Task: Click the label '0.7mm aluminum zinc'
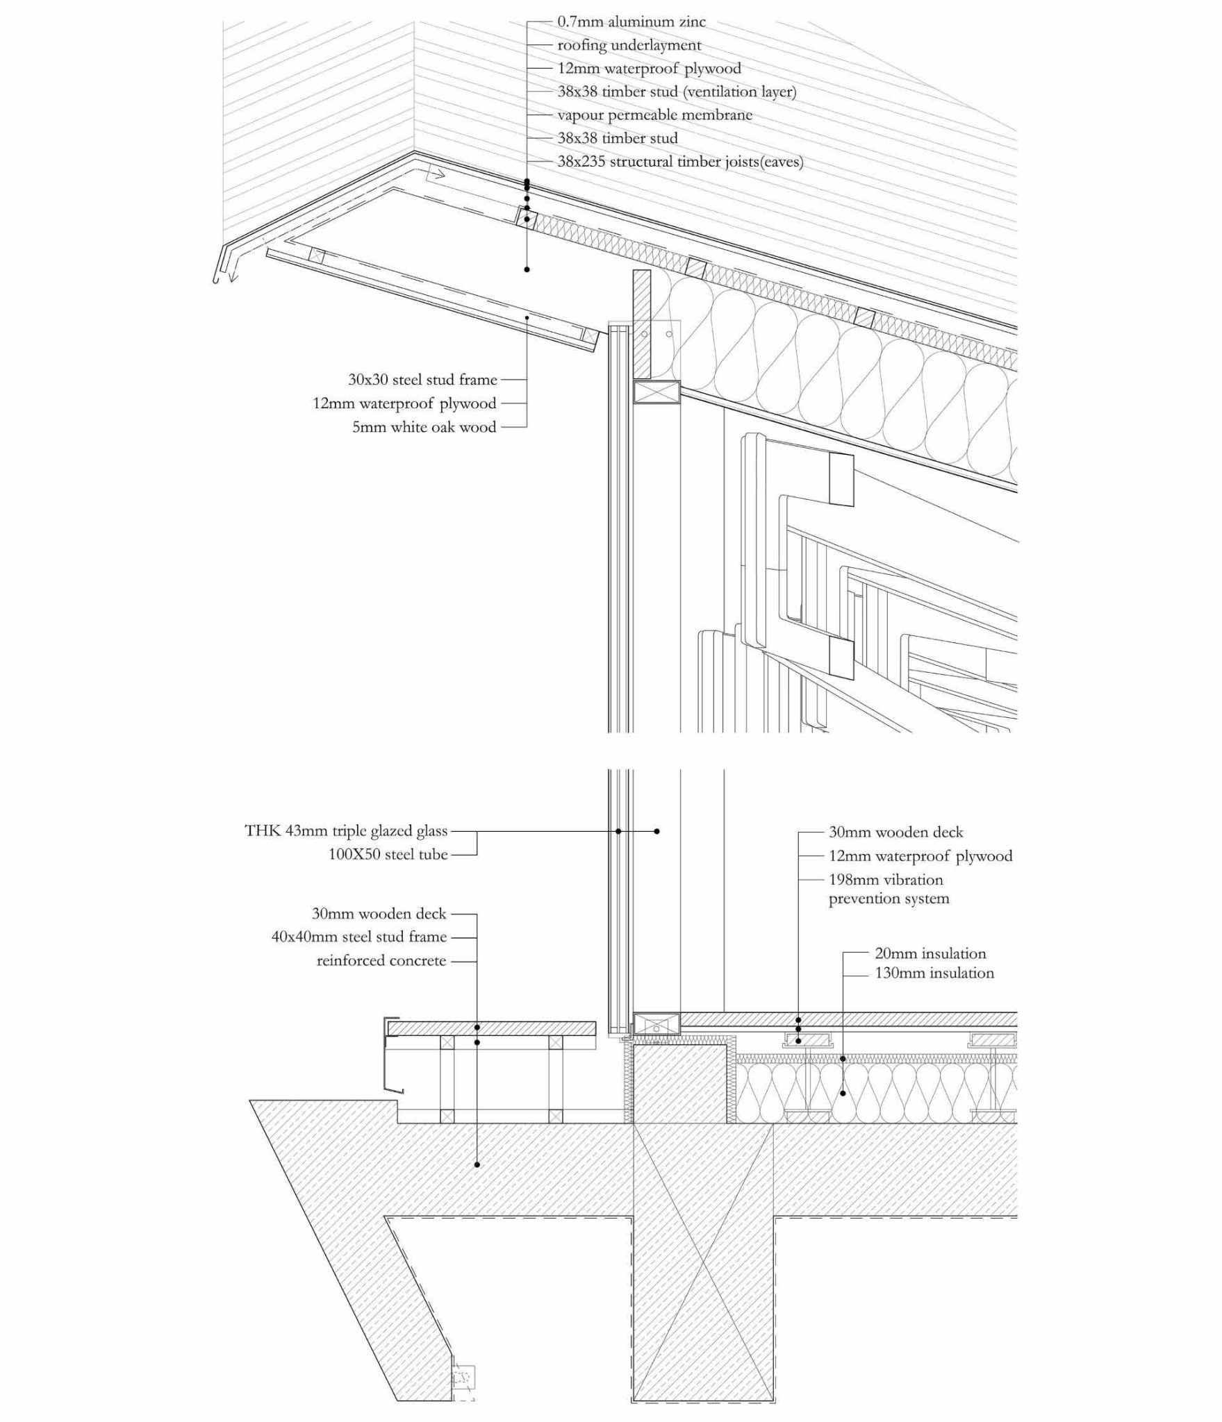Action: pyautogui.click(x=631, y=22)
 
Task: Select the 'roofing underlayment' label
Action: pyautogui.click(x=629, y=45)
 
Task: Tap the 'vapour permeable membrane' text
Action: pyautogui.click(x=654, y=115)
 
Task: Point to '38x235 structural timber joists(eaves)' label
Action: pyautogui.click(x=680, y=162)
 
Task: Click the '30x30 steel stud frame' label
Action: pyautogui.click(x=422, y=380)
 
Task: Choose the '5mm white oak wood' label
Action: pyautogui.click(x=424, y=427)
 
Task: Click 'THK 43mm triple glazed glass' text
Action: pyautogui.click(x=346, y=831)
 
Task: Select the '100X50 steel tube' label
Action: pyautogui.click(x=388, y=855)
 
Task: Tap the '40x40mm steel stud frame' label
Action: pyautogui.click(x=358, y=937)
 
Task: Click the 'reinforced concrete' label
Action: pyautogui.click(x=381, y=961)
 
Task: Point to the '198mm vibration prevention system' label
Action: pyautogui.click(x=888, y=889)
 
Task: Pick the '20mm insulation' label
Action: pyautogui.click(x=930, y=953)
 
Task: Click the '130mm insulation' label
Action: pyautogui.click(x=934, y=973)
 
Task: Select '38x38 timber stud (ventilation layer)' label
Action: pyautogui.click(x=677, y=92)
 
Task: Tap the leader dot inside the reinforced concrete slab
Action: pyautogui.click(x=477, y=1164)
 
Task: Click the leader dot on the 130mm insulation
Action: pyautogui.click(x=843, y=1093)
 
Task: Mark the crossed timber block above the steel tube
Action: pyautogui.click(x=656, y=392)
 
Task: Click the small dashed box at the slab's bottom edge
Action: pyautogui.click(x=463, y=1376)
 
